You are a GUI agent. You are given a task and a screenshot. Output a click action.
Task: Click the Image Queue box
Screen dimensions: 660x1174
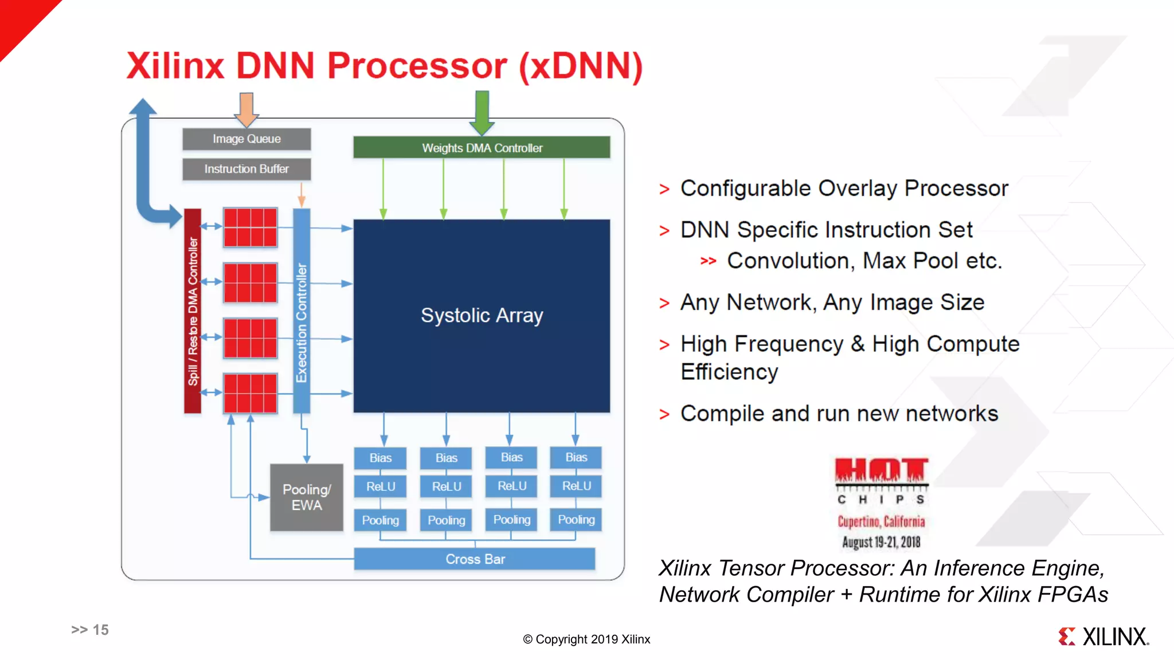246,139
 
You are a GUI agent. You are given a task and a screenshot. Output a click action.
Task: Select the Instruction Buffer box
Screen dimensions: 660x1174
246,169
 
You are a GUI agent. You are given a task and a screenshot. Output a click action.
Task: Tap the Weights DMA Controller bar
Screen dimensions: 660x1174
482,148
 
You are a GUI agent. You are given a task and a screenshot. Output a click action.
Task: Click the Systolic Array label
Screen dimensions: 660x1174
482,316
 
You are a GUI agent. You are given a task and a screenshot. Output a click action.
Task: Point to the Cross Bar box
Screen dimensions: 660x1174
475,559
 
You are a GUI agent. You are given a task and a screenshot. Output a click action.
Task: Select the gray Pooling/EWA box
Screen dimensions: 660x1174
307,497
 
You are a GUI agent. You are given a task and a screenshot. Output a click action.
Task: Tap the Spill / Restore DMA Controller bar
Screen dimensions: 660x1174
193,311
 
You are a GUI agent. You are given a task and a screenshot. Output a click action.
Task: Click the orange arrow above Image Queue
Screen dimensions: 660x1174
246,109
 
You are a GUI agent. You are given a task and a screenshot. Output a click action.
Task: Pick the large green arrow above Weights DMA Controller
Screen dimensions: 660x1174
482,112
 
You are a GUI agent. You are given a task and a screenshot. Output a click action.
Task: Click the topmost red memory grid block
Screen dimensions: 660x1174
251,227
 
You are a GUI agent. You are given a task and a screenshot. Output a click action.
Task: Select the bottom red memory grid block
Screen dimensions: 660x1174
251,393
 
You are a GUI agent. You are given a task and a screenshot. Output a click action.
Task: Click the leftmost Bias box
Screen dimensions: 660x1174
381,458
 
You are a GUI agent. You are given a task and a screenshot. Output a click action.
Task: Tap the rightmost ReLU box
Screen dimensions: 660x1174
576,486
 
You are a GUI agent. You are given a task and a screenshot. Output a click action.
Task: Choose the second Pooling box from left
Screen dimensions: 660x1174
446,520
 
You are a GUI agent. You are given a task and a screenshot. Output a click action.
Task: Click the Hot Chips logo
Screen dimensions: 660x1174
881,501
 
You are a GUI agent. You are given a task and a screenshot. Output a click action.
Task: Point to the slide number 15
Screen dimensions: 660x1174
100,630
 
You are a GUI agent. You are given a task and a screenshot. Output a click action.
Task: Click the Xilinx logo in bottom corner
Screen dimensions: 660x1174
1103,637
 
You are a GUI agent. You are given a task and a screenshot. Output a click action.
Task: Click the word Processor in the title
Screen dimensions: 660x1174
417,66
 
